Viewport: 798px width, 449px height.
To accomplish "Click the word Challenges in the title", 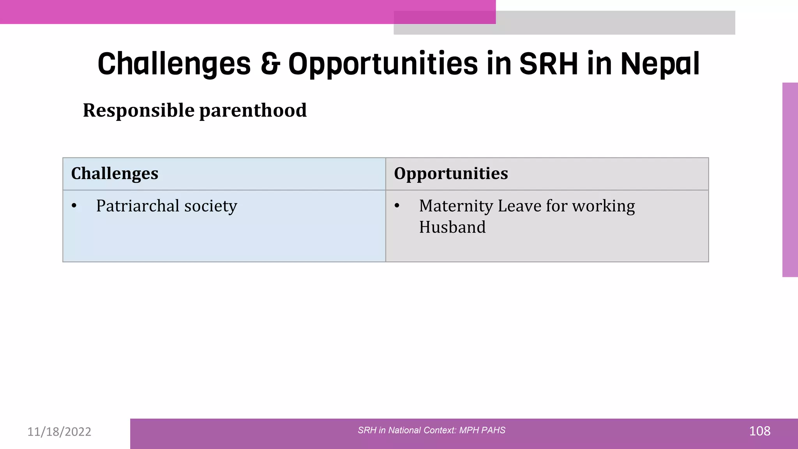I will coord(174,64).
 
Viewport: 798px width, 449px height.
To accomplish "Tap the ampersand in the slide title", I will coord(270,63).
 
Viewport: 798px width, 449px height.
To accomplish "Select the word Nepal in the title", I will coord(660,64).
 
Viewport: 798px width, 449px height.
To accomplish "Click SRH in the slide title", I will coord(549,63).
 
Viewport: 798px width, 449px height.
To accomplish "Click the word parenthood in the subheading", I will coord(253,110).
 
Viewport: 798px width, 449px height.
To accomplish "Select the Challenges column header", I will coord(115,173).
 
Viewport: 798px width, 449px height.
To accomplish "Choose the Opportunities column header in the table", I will coord(451,173).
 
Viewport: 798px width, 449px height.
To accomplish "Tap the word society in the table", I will coord(210,206).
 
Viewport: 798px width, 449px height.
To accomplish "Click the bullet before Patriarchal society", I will coord(74,206).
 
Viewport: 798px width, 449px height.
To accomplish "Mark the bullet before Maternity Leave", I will coord(397,206).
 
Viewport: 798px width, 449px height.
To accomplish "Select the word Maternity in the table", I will coord(456,206).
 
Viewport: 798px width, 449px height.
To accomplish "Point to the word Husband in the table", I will coord(452,227).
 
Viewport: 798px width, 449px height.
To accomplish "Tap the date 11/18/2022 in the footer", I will coord(59,431).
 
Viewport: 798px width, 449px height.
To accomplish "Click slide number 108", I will coord(759,431).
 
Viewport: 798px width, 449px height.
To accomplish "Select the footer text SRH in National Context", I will coord(431,430).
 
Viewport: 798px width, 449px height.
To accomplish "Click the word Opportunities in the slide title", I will coord(383,64).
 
